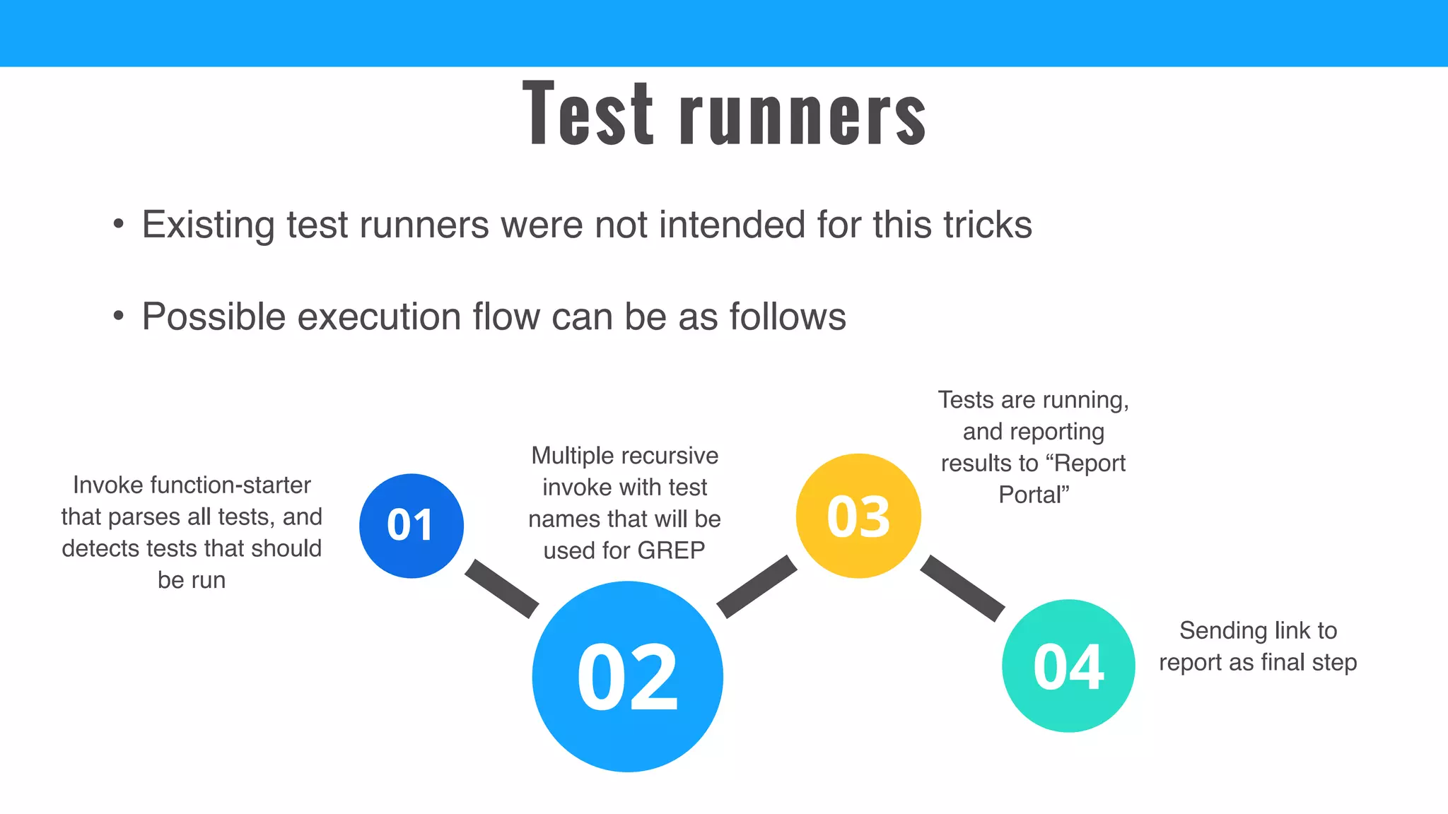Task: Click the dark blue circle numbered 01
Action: pyautogui.click(x=411, y=526)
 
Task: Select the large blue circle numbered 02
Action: pyautogui.click(x=627, y=676)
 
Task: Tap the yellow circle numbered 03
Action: pyautogui.click(x=858, y=516)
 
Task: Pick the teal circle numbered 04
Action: pyautogui.click(x=1068, y=666)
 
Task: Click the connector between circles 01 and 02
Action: pyautogui.click(x=501, y=589)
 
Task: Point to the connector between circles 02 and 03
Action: pyautogui.click(x=757, y=586)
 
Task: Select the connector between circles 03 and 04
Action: pyautogui.click(x=962, y=588)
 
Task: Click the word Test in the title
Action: pyautogui.click(x=588, y=114)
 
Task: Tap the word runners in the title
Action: pyautogui.click(x=802, y=117)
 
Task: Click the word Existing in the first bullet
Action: pyautogui.click(x=209, y=225)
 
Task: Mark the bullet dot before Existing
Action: pyautogui.click(x=119, y=225)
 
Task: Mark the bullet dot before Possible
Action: pyautogui.click(x=119, y=316)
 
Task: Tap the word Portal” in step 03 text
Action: pyautogui.click(x=1033, y=495)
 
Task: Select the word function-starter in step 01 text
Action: pyautogui.click(x=230, y=485)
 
